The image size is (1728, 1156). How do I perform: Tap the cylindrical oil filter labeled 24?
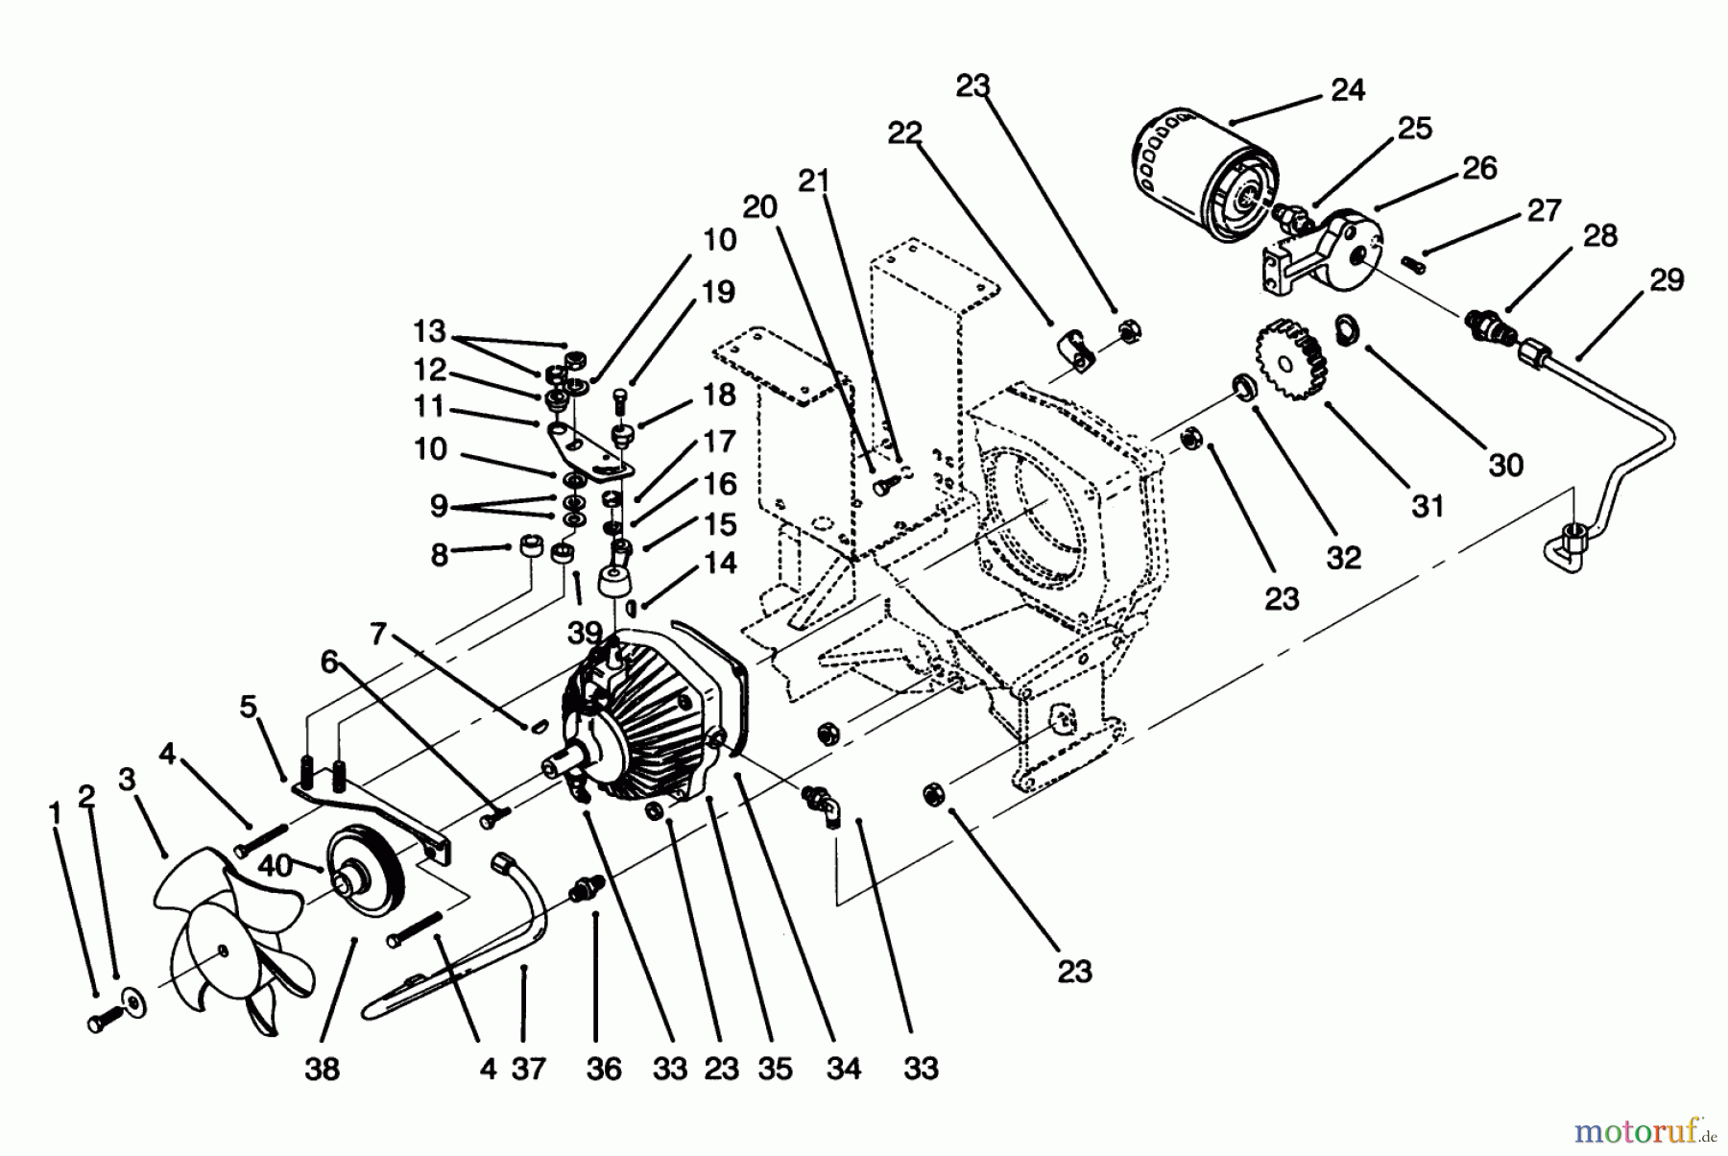pos(1195,182)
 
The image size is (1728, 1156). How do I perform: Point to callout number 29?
pos(1667,280)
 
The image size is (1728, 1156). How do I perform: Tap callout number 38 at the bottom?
pos(323,1069)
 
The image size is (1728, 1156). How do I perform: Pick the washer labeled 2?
pos(134,1005)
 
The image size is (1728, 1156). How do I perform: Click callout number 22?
pos(904,133)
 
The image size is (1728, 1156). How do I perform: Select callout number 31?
pos(1428,505)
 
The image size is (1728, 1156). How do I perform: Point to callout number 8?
pos(439,555)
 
